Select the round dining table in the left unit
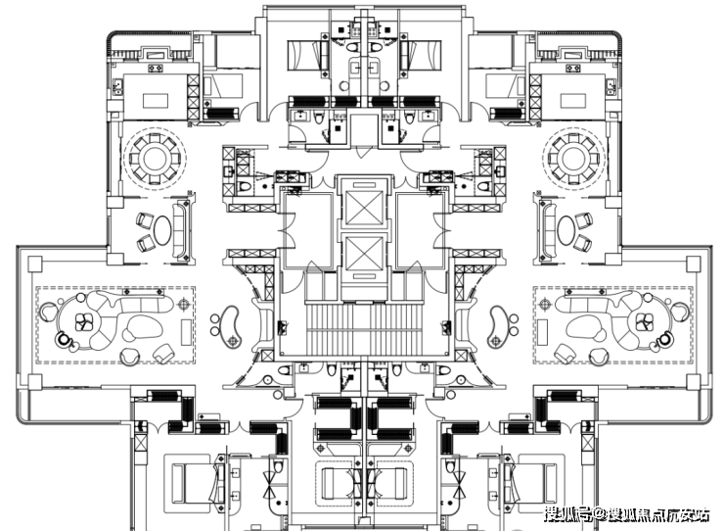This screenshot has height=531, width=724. coord(154,157)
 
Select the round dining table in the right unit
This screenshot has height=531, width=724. coord(569,157)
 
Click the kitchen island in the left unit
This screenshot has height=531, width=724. coord(154,99)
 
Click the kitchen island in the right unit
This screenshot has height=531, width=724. coord(570,99)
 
